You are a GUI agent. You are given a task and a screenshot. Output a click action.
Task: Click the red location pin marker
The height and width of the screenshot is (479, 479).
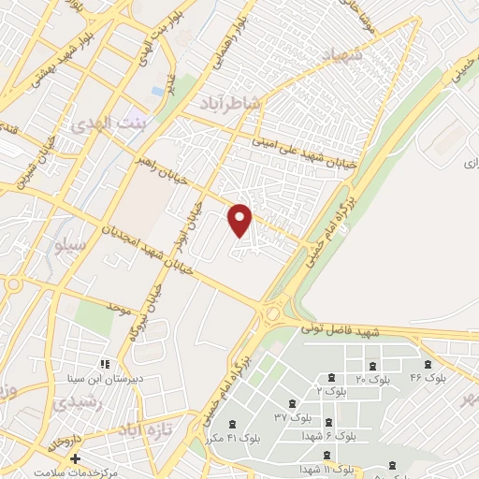pos(240,219)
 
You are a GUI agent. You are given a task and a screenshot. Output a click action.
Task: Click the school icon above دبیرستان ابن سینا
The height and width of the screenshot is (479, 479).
pos(105,363)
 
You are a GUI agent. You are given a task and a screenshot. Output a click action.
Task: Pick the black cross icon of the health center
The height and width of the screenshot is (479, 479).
pos(76,459)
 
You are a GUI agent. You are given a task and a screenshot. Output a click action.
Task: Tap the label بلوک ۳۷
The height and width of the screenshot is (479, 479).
pos(293,416)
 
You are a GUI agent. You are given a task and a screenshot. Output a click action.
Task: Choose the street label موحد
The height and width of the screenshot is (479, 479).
pos(117,307)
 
